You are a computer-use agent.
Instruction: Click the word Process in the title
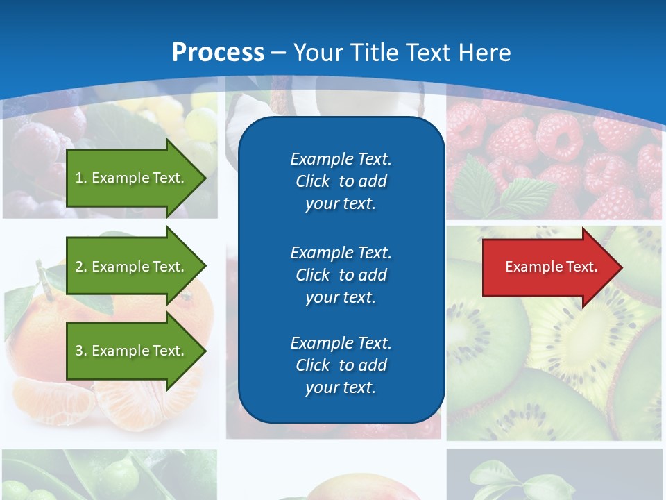coord(218,53)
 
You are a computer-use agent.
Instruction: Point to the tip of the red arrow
coord(620,267)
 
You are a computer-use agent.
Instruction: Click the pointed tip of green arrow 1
coord(204,178)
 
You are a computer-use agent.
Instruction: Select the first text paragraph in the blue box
coord(341,181)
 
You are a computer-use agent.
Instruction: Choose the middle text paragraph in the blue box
coord(341,275)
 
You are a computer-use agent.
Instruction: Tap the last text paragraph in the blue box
coord(341,365)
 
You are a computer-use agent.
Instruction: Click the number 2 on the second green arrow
coord(78,267)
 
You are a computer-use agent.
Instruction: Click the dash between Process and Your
coord(279,53)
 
